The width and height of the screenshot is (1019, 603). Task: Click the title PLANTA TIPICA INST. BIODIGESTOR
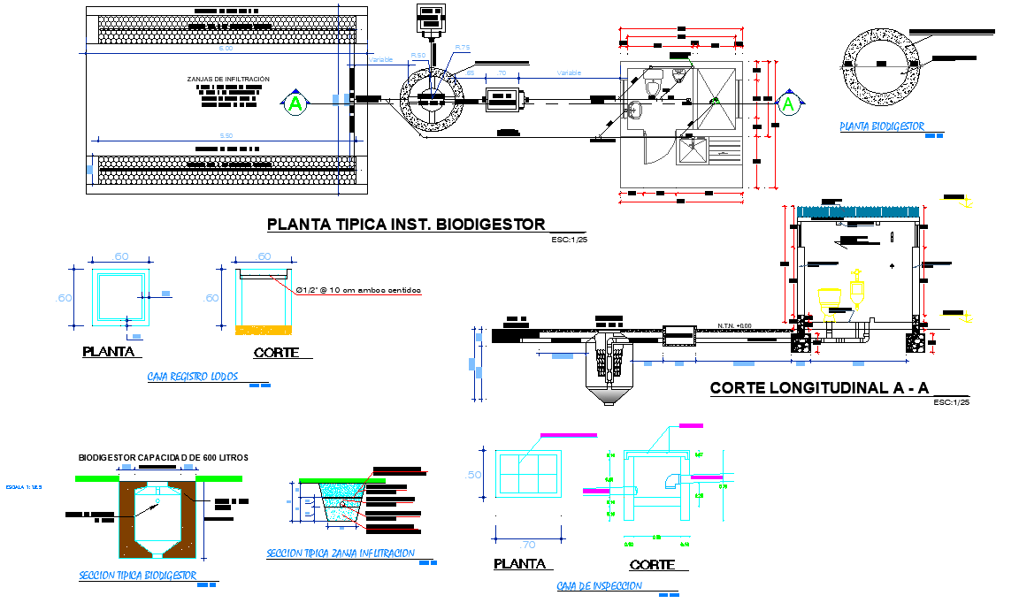point(406,225)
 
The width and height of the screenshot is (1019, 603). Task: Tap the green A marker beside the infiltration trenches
point(295,104)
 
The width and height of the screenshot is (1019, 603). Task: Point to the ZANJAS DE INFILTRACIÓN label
point(228,80)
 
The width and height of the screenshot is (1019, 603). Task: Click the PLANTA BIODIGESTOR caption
point(881,127)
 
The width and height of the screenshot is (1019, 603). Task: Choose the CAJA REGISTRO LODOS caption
point(192,377)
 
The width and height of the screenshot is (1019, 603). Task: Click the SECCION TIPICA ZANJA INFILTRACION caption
point(340,554)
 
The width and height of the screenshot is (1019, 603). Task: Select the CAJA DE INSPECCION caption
point(599,586)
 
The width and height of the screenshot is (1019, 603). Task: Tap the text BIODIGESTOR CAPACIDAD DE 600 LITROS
point(163,458)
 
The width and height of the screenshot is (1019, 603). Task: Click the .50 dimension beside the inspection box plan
point(474,475)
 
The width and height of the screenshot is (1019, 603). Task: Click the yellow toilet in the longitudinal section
point(828,298)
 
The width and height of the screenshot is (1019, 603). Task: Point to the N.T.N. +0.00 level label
point(733,325)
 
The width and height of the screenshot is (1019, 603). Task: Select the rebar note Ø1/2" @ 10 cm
point(357,290)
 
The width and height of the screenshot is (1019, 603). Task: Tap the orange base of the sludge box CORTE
point(262,330)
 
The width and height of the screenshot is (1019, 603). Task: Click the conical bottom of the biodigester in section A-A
point(608,396)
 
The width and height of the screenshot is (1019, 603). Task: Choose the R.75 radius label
point(463,47)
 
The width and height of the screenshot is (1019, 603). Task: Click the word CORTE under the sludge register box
point(277,353)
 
